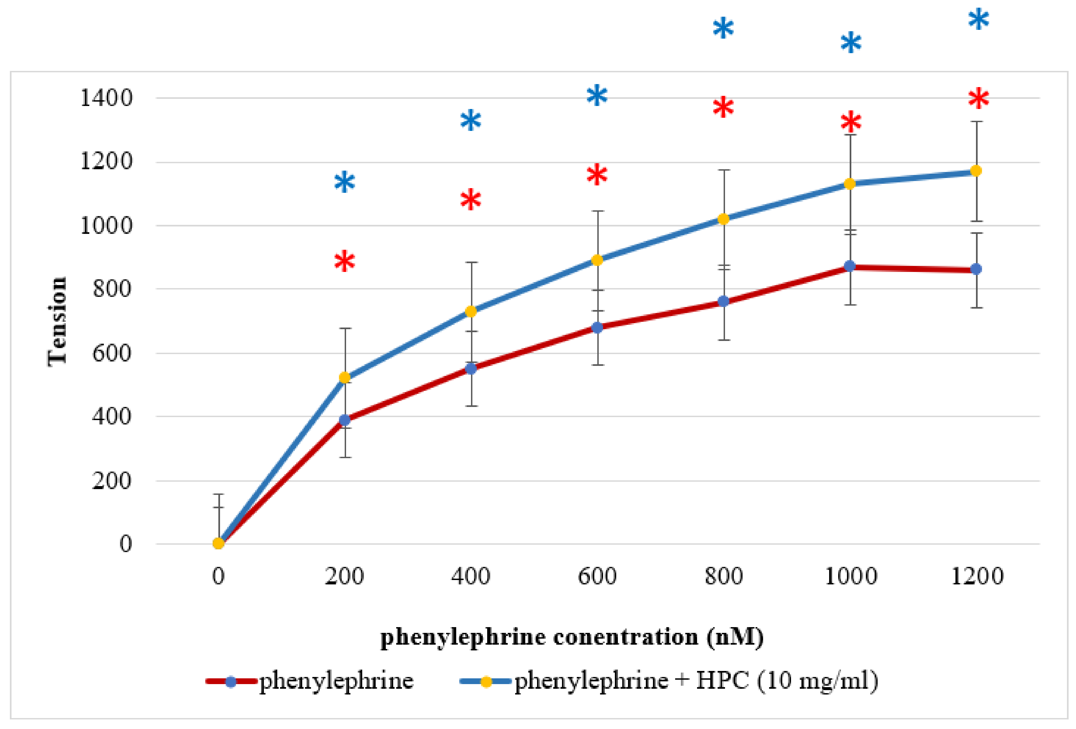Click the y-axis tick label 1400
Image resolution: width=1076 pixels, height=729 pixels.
(x=106, y=98)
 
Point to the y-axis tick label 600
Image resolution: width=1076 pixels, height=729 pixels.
(x=112, y=353)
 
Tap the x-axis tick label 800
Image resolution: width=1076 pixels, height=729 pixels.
(x=724, y=576)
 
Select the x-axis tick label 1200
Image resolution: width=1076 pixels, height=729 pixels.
(x=977, y=576)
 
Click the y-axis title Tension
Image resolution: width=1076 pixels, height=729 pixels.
(x=58, y=322)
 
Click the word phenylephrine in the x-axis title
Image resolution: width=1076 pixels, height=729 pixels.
(x=463, y=637)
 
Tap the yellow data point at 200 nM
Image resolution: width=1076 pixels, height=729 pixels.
(x=344, y=378)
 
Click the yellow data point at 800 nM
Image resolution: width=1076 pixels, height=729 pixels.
(x=723, y=219)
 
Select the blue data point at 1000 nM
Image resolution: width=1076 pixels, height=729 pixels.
(x=850, y=266)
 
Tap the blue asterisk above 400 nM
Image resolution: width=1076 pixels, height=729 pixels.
(x=471, y=121)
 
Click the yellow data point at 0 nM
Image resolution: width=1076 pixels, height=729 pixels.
(x=219, y=543)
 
